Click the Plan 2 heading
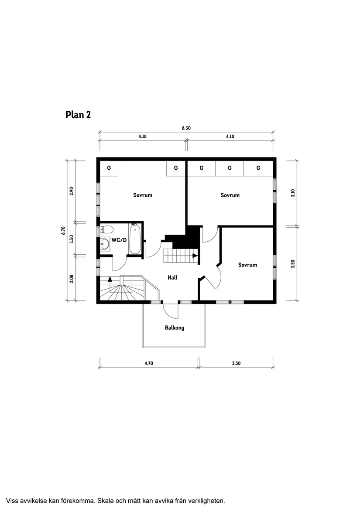[x=78, y=115]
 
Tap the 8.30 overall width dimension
[x=186, y=128]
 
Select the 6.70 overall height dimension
[x=63, y=230]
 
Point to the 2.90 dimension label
[x=72, y=191]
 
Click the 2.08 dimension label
[x=72, y=278]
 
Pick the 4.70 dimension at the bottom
[x=148, y=363]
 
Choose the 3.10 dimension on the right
[x=293, y=193]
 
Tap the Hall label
[x=172, y=277]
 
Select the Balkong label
[x=174, y=328]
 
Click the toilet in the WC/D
[x=106, y=229]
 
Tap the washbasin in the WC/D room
[x=105, y=245]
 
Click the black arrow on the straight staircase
[x=195, y=256]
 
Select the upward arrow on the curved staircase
[x=110, y=278]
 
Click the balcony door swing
[x=171, y=310]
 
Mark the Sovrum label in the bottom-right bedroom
[x=247, y=265]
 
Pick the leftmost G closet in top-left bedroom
[x=109, y=168]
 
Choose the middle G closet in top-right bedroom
[x=230, y=168]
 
